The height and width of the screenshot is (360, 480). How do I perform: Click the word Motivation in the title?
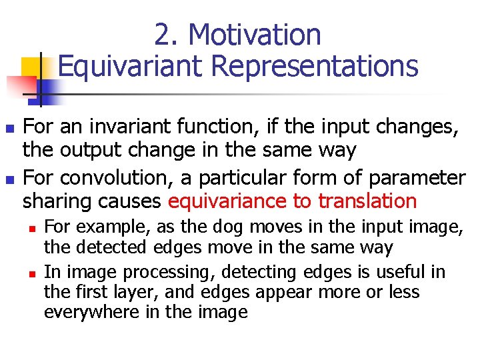pyautogui.click(x=256, y=35)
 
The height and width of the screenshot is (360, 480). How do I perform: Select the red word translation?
pyautogui.click(x=367, y=201)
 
